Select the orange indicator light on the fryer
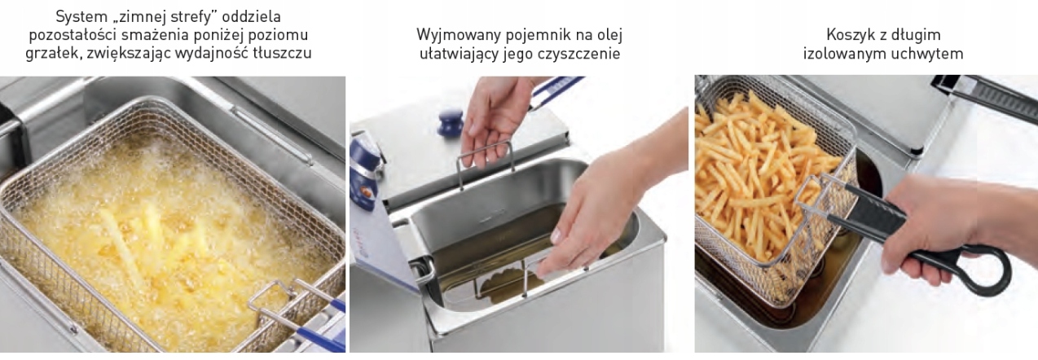(x=369, y=191)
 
